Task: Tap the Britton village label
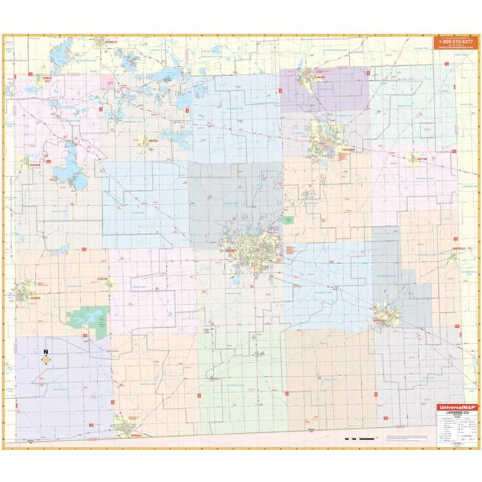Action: pyautogui.click(x=412, y=158)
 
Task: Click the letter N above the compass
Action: pyautogui.click(x=45, y=351)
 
